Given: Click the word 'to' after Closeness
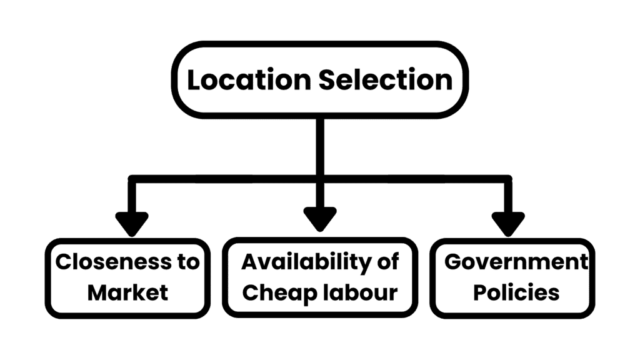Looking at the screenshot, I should (x=186, y=262).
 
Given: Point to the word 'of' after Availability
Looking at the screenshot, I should (x=388, y=262).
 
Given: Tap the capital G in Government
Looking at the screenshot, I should (x=454, y=262).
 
